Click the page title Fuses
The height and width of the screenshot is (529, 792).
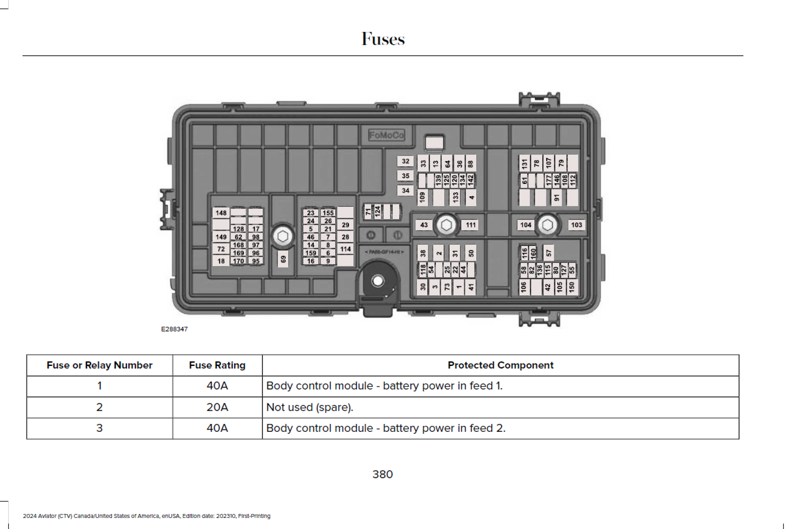tap(383, 39)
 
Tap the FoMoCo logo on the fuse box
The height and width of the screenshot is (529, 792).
tap(386, 135)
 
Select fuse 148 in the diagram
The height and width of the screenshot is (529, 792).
tap(221, 213)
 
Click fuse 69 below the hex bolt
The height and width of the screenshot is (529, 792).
tap(283, 259)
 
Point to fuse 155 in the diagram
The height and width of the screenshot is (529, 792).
tap(328, 213)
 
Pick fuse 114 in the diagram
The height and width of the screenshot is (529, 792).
tap(346, 249)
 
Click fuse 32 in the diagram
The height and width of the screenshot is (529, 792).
tap(405, 161)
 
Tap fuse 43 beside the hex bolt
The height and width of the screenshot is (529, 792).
tap(424, 225)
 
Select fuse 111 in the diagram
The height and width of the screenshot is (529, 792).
tap(470, 225)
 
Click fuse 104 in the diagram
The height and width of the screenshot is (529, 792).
tap(525, 225)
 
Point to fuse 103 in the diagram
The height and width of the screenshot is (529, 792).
tap(576, 225)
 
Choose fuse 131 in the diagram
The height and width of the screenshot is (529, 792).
tap(525, 163)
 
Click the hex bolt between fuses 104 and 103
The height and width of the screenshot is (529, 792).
tap(547, 225)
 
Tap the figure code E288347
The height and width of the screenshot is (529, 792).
tap(174, 329)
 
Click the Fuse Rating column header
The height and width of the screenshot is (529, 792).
tap(217, 365)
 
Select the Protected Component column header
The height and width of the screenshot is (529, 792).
tap(500, 365)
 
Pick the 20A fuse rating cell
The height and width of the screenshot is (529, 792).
tap(217, 407)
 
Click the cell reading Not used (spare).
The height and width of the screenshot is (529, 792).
tap(310, 407)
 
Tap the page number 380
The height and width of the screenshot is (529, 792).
tap(383, 474)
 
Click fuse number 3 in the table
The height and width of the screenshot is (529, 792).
tap(99, 428)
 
